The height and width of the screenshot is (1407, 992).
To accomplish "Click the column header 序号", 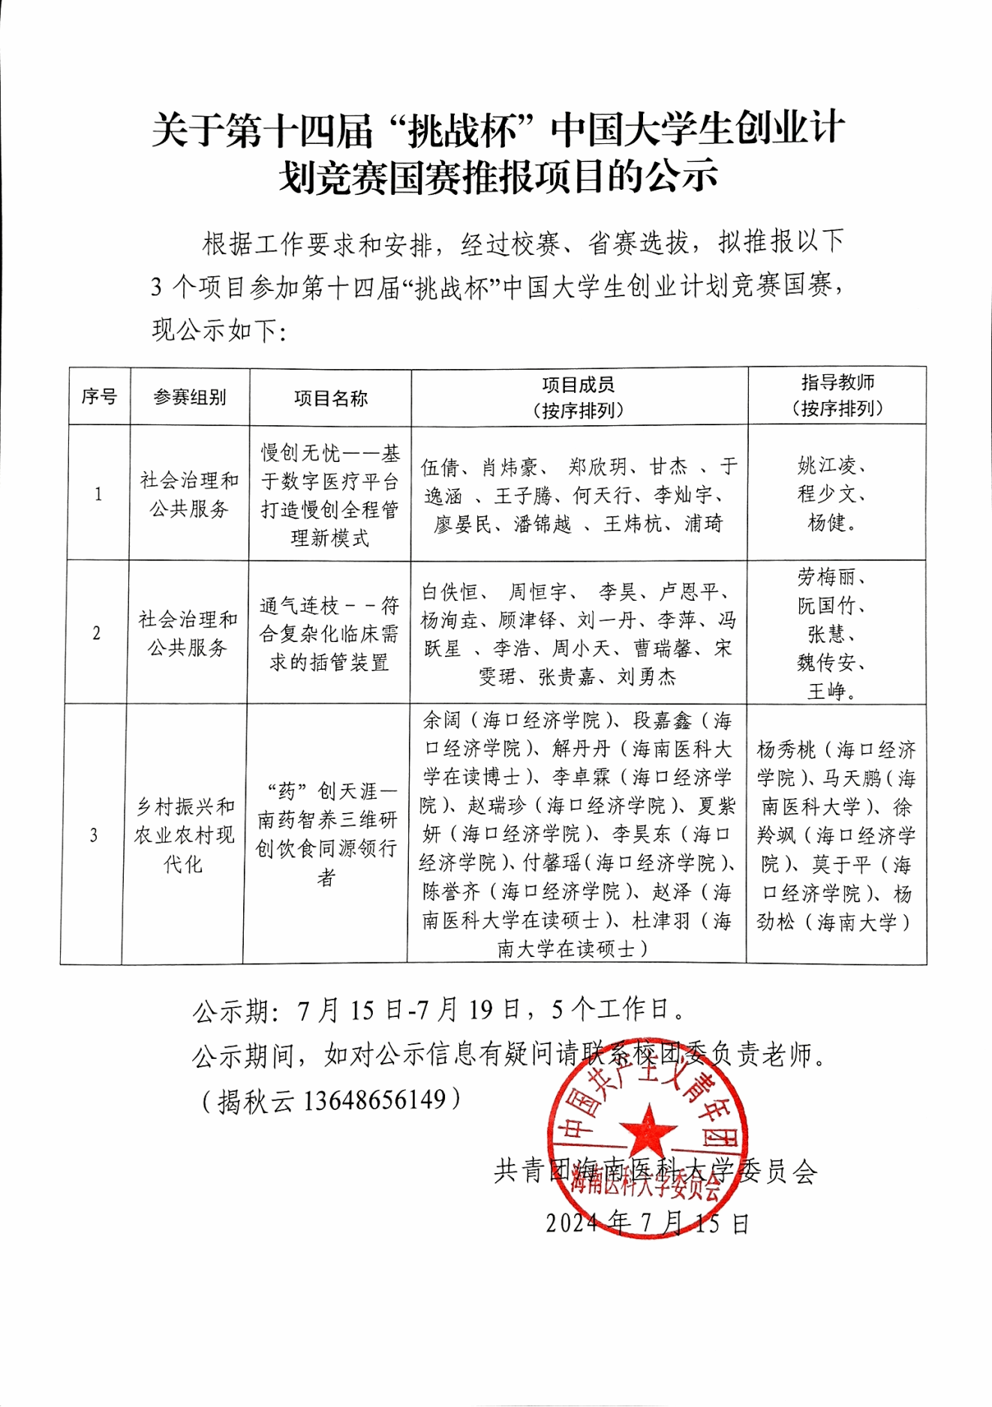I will point(99,397).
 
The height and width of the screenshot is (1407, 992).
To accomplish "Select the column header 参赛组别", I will point(189,397).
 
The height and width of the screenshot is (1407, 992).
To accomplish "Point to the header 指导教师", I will point(837,383).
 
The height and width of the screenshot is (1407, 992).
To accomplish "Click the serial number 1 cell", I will point(98,493).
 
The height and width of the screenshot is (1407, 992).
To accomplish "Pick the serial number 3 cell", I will point(93,835).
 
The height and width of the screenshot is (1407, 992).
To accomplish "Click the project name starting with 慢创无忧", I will point(329,495).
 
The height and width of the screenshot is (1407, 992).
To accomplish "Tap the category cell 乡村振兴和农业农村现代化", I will point(184,835).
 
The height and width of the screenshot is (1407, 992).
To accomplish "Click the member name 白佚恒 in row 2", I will point(450,592).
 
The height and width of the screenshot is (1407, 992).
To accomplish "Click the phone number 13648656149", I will point(375,1099).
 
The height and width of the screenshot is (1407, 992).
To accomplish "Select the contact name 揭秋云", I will point(255,1100).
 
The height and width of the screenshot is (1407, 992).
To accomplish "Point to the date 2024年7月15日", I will point(647,1223).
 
